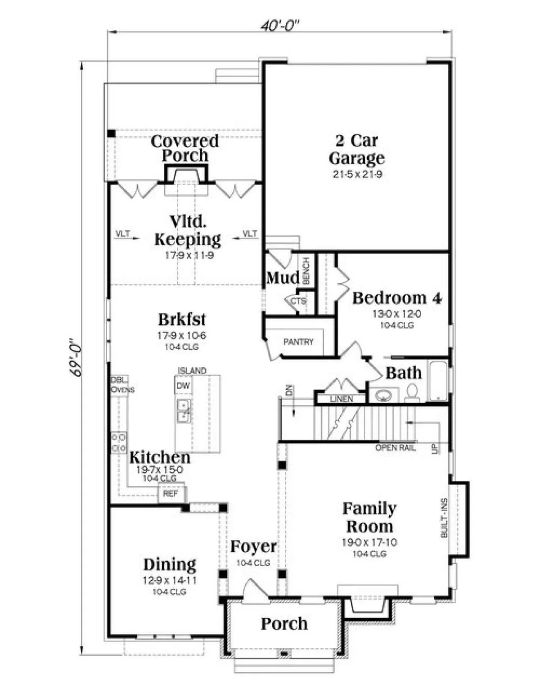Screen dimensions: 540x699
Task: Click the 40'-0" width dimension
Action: [x=280, y=26]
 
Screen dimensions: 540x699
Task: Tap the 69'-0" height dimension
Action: [x=76, y=357]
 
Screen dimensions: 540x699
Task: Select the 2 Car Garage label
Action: [x=357, y=149]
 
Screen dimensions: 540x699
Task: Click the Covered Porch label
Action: [x=184, y=148]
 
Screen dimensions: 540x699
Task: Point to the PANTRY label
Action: [x=298, y=342]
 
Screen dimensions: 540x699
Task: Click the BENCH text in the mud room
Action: [x=306, y=271]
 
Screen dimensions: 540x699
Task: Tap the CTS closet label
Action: [x=298, y=302]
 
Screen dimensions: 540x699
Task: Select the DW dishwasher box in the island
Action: [x=183, y=385]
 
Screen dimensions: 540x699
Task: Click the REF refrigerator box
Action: [x=171, y=493]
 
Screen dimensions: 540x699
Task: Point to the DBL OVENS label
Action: [x=122, y=384]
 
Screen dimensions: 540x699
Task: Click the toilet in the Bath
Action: [x=412, y=393]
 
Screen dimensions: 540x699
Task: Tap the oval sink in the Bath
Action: [x=382, y=395]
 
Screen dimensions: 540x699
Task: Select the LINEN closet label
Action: [x=342, y=399]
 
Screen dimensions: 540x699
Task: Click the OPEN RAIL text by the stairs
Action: [x=395, y=448]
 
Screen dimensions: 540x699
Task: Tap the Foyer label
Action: [x=253, y=546]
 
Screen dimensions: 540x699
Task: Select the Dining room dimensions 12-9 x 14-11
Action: [x=170, y=580]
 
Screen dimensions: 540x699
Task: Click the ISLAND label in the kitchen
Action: [x=192, y=370]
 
